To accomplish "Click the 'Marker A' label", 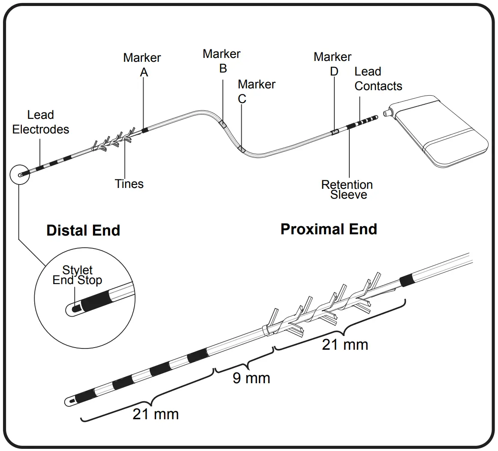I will click(142, 65).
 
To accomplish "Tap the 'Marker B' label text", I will click(222, 61).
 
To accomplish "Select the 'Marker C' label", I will click(256, 91).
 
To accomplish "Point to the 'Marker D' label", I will click(333, 64).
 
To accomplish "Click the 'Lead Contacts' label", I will click(378, 79).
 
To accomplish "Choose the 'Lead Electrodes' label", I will click(40, 122).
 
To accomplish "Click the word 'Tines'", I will click(129, 184).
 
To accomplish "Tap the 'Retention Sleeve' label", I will click(347, 190).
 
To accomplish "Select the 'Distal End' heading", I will click(83, 230).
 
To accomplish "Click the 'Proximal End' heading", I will click(329, 229).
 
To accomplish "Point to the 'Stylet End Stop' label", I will click(78, 275).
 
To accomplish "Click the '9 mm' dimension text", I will click(251, 378).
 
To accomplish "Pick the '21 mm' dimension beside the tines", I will click(345, 344).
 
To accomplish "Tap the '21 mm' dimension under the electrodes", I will click(156, 414).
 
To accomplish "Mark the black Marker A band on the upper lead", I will click(145, 129).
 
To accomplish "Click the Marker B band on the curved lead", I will click(223, 124).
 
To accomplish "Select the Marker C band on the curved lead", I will click(241, 149).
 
